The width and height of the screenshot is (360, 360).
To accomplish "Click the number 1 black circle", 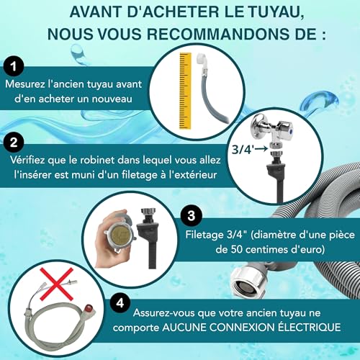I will tap(12, 67).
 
